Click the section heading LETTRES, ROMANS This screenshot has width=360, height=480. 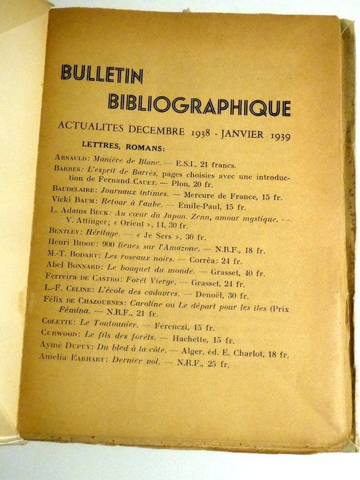pyautogui.click(x=123, y=147)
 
